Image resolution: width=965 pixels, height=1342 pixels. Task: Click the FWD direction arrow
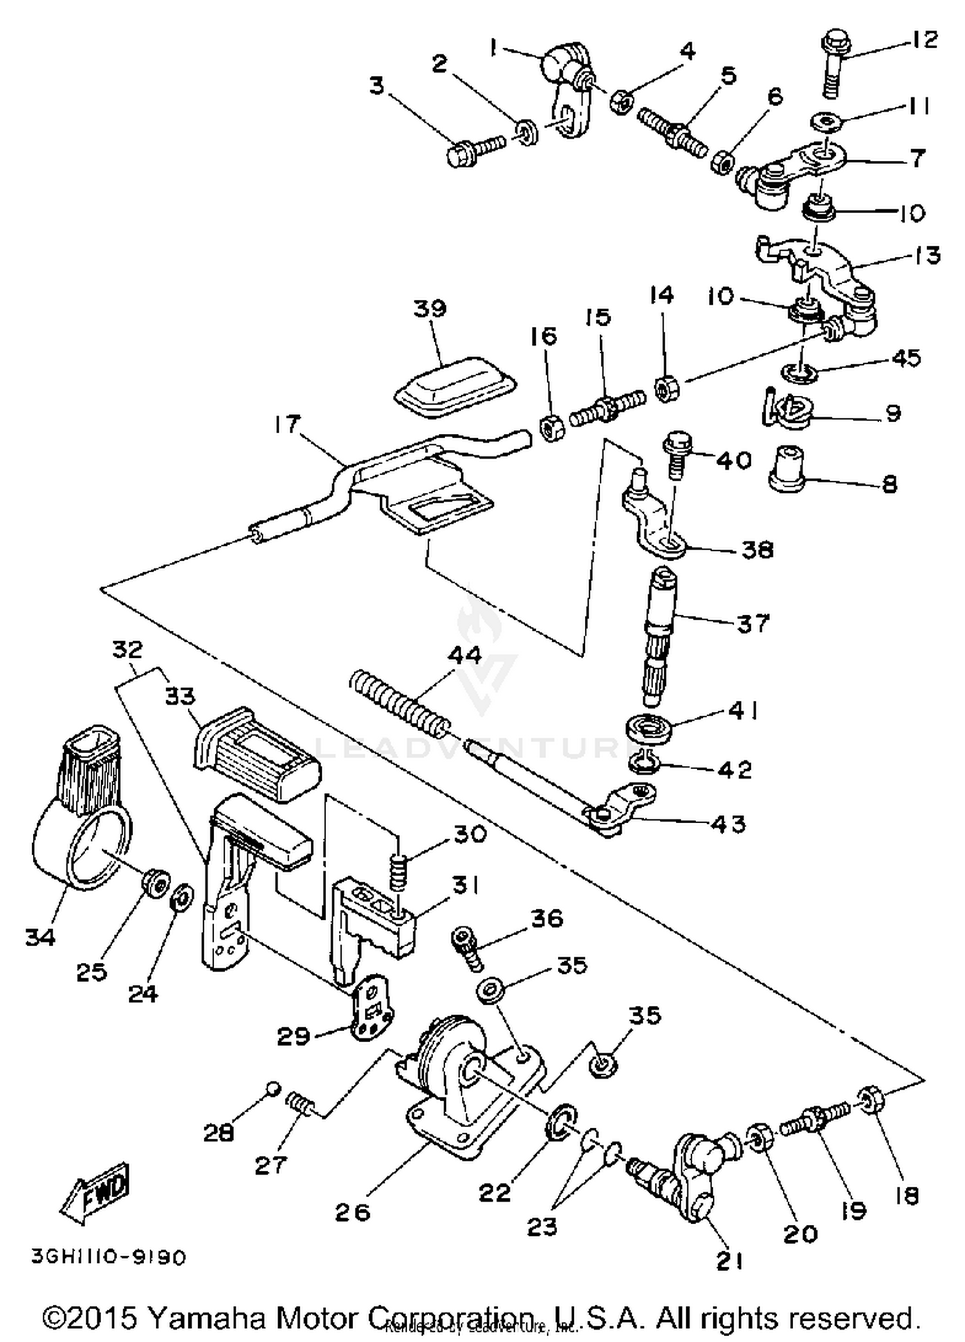coord(96,1192)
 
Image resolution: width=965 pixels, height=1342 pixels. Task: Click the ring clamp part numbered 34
coord(78,830)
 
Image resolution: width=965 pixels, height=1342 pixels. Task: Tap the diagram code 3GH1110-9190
coord(109,1256)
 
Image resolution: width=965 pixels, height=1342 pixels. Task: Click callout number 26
coord(353,1213)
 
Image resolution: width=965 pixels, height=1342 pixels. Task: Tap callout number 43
coord(728,824)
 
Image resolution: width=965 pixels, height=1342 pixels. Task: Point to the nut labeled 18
coord(870,1102)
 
